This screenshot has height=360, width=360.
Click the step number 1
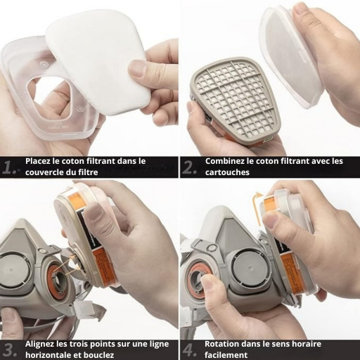[x=9, y=167]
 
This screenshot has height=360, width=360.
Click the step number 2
[x=189, y=167]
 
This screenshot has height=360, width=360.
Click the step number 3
[x=11, y=350]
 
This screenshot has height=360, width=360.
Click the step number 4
[x=190, y=350]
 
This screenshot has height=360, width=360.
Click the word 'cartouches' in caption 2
[x=227, y=172]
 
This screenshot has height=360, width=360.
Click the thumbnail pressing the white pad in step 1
[x=137, y=68]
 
